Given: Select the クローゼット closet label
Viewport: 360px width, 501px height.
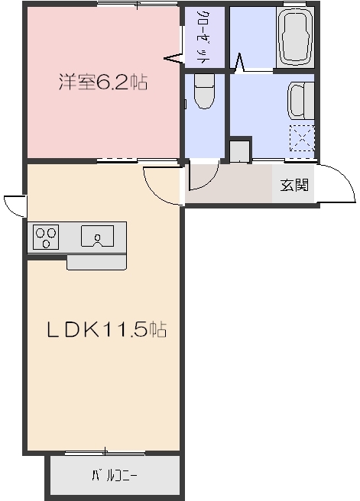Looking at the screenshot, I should [x=203, y=37].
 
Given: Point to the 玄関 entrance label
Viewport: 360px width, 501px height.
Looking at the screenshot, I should [x=294, y=184].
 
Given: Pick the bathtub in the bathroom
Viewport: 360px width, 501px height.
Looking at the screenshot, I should [x=297, y=37].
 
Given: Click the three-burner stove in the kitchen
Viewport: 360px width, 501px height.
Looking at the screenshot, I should [x=46, y=237].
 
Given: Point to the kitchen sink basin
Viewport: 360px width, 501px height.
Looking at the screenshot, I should [x=98, y=237].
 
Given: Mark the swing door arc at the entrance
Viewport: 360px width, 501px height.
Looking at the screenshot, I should [x=337, y=183].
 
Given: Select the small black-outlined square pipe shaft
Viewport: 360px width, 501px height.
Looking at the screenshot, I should [x=240, y=150].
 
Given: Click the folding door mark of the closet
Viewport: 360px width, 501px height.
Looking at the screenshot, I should [x=174, y=57].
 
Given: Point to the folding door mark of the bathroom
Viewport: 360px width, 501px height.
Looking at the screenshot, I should [x=239, y=63].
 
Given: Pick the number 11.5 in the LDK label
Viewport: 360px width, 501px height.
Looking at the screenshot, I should [x=128, y=330].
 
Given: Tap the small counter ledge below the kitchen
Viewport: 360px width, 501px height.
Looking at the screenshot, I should [x=96, y=262].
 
